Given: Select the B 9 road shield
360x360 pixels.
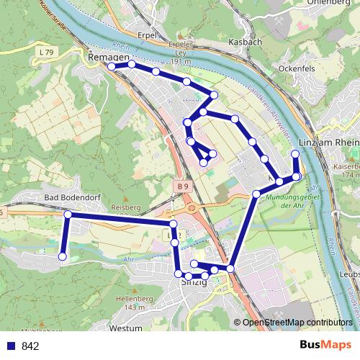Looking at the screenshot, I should (x=184, y=186).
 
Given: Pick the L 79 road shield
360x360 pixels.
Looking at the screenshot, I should (x=48, y=53).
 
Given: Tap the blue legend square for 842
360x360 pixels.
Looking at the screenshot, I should (x=12, y=346).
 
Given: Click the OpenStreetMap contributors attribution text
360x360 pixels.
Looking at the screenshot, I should (x=297, y=323).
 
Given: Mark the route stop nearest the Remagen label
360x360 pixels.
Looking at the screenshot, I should (x=112, y=66).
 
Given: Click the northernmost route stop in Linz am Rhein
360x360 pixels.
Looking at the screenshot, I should (x=295, y=154).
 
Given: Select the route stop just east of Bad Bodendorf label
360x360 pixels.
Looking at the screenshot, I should (x=68, y=215).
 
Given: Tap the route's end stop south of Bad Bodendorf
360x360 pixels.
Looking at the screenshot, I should (x=63, y=256).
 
